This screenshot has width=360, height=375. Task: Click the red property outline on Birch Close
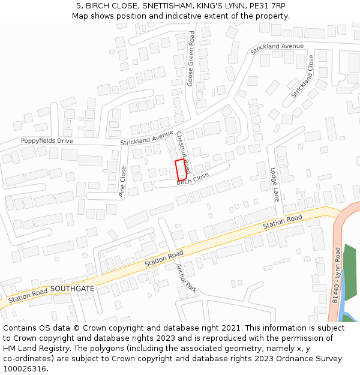(181, 170)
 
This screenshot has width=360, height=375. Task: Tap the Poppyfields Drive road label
(47, 141)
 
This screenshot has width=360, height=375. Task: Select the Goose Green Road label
(190, 59)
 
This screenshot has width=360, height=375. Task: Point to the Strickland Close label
(302, 77)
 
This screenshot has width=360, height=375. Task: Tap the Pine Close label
(122, 181)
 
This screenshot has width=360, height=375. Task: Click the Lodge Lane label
(275, 184)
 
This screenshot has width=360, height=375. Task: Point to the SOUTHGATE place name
(72, 289)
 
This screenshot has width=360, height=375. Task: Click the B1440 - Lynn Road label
(337, 275)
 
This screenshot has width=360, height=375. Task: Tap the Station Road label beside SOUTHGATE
(28, 295)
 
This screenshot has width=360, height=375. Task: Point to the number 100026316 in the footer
(25, 368)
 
